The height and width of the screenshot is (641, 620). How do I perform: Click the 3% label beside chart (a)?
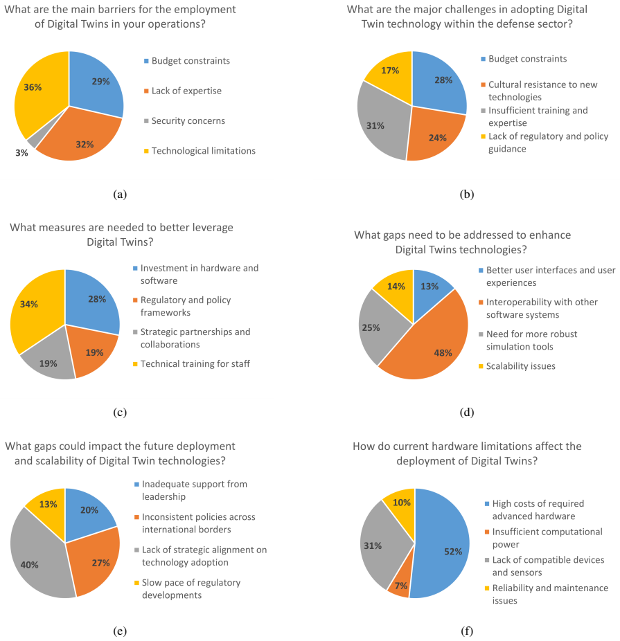click(x=21, y=153)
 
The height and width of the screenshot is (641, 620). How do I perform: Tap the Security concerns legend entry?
click(x=184, y=121)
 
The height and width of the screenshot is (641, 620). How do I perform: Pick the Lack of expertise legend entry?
click(x=183, y=91)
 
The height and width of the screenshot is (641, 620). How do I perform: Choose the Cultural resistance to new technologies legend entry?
click(x=539, y=91)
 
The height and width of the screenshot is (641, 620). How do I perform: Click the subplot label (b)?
click(x=467, y=195)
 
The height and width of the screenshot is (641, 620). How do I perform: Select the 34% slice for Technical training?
click(x=35, y=309)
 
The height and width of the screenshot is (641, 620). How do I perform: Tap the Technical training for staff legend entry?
click(x=191, y=364)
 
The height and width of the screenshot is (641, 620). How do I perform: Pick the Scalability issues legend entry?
click(x=517, y=366)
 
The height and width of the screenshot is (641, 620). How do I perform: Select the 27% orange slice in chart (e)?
click(x=96, y=562)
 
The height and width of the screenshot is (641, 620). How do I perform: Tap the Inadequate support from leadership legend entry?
click(x=191, y=490)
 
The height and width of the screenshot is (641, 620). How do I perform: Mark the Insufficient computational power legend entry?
click(x=544, y=538)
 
